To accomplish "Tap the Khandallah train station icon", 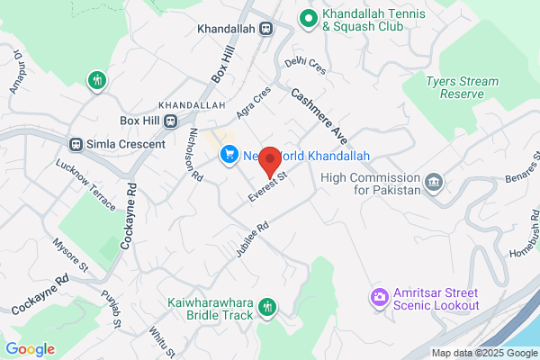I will pyautogui.click(x=266, y=29).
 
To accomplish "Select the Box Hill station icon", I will pyautogui.click(x=171, y=121).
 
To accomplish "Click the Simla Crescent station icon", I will pyautogui.click(x=78, y=144).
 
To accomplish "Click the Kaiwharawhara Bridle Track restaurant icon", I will pyautogui.click(x=266, y=308).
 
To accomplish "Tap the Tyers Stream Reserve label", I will pyautogui.click(x=463, y=87).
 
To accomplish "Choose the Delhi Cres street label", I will pyautogui.click(x=305, y=63).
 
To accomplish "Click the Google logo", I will pyautogui.click(x=30, y=349).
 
